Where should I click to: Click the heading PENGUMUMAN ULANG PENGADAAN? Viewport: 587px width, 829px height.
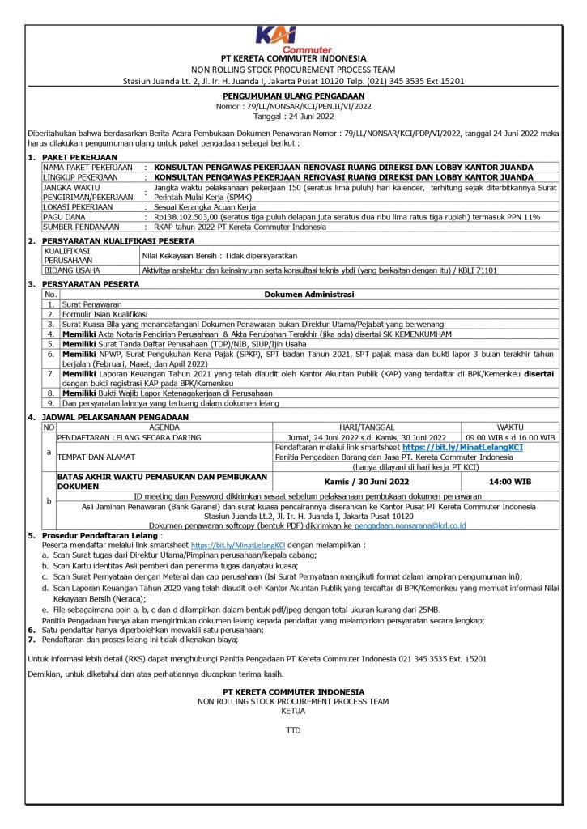pos(292,96)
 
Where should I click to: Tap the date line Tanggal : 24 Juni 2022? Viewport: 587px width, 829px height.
pos(292,115)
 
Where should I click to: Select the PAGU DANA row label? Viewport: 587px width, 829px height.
pos(66,217)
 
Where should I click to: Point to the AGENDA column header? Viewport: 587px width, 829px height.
pos(164,427)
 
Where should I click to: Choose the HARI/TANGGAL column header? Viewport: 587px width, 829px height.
pos(368,427)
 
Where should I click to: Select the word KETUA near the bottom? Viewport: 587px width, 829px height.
pos(292,710)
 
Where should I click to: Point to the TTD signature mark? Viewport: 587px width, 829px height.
pos(292,730)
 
